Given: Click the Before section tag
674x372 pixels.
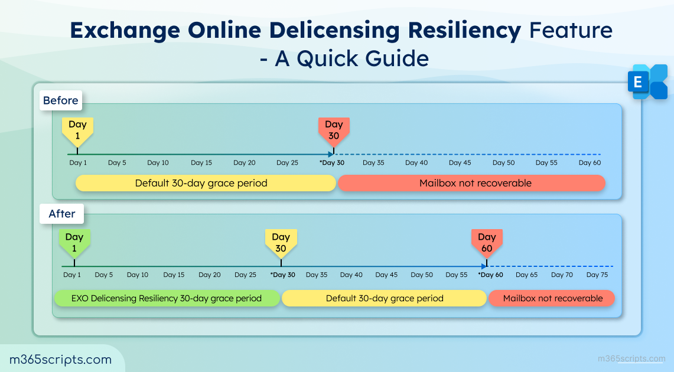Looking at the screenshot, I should [60, 100].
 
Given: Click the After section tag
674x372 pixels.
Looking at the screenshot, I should [62, 214].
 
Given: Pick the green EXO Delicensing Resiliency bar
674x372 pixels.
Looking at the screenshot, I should [167, 298].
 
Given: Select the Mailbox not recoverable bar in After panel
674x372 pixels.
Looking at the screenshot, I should [552, 298].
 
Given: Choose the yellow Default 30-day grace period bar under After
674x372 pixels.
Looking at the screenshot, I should [385, 298].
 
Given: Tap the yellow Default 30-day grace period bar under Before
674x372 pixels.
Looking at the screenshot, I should [201, 183].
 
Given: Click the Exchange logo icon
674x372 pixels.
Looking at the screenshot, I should [647, 82].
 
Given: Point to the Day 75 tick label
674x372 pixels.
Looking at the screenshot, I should [597, 275].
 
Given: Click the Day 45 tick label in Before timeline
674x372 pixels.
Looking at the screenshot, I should [460, 162].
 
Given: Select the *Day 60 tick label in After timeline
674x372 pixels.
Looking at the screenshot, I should [490, 275].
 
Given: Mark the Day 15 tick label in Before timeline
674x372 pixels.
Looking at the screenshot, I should [201, 162].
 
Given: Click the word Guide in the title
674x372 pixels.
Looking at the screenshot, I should [395, 58].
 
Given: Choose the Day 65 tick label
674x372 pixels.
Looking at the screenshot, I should [526, 275].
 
